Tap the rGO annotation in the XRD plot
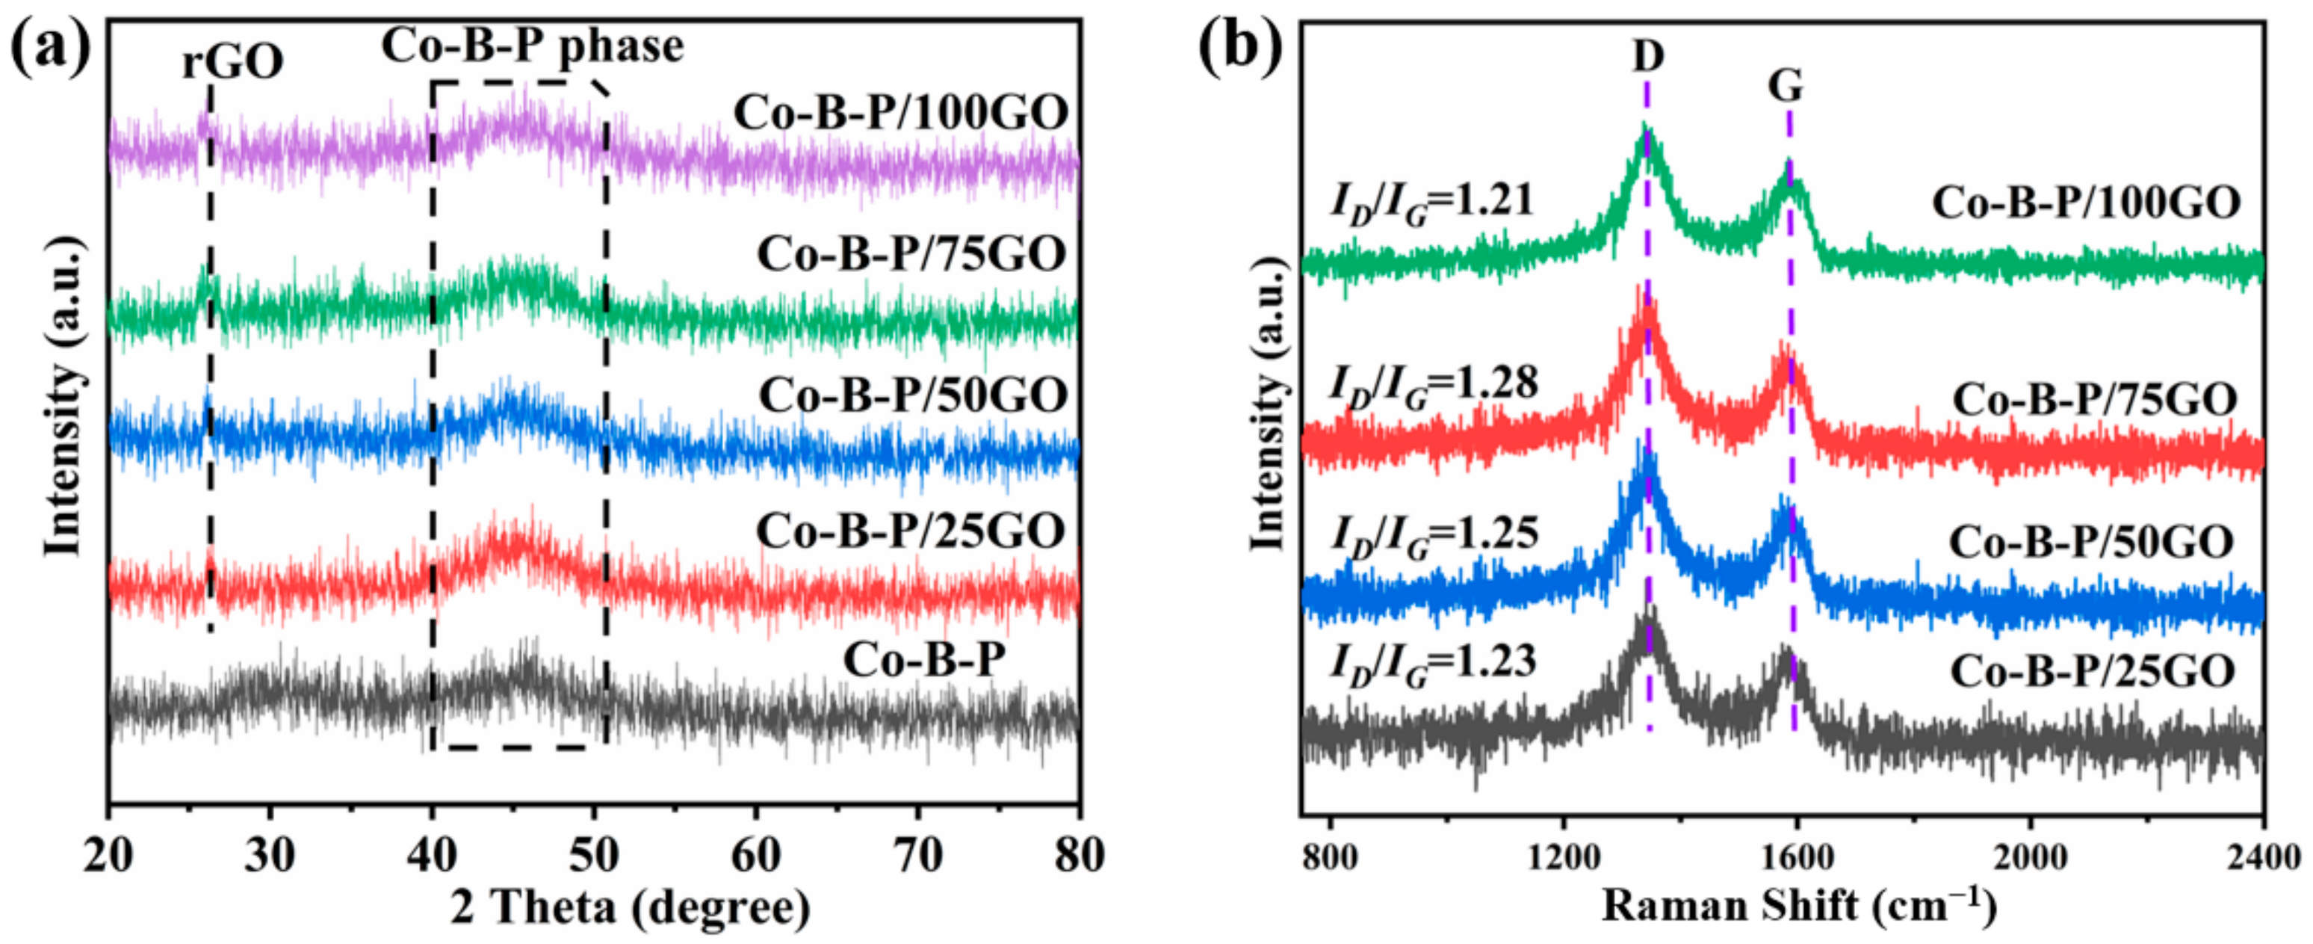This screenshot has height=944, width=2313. (x=232, y=62)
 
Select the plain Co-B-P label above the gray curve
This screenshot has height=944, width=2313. (x=924, y=660)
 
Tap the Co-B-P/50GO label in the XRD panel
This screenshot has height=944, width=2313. (x=913, y=395)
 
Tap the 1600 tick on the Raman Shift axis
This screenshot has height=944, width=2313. (x=1797, y=856)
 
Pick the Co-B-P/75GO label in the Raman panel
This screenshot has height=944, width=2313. (x=2095, y=400)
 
